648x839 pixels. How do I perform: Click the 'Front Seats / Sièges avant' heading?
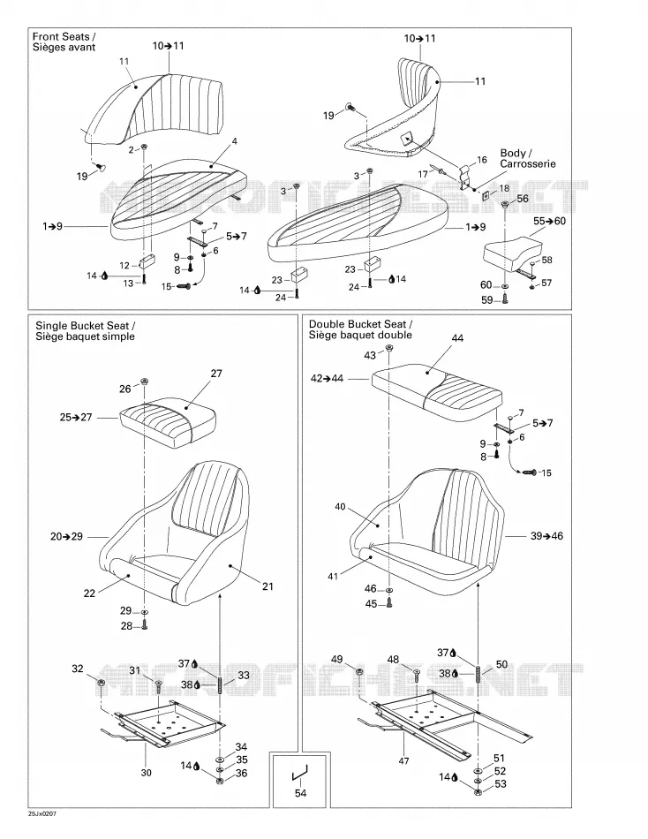(x=64, y=42)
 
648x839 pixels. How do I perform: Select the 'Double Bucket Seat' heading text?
(x=361, y=324)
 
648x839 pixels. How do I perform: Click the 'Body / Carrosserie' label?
(x=528, y=158)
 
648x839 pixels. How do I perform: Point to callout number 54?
(x=301, y=792)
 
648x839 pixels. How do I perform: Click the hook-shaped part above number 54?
(x=299, y=774)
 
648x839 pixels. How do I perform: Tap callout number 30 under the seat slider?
(x=146, y=772)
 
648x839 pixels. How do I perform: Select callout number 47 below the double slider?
(x=404, y=760)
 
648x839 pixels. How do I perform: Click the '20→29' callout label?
(x=67, y=536)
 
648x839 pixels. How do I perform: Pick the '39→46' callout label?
(x=546, y=535)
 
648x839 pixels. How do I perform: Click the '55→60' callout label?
(x=549, y=221)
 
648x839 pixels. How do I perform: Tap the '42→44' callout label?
(x=327, y=378)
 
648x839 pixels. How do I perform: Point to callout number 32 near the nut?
(x=78, y=669)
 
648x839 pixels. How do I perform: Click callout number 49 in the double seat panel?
(x=336, y=659)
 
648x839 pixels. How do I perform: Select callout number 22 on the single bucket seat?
(x=89, y=593)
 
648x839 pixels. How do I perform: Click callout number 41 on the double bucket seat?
(x=333, y=577)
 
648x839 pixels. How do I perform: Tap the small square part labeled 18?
(x=486, y=195)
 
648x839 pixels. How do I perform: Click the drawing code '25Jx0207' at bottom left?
(x=41, y=814)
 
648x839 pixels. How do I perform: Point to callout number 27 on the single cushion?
(x=216, y=374)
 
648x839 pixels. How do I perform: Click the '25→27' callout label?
(x=76, y=417)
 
